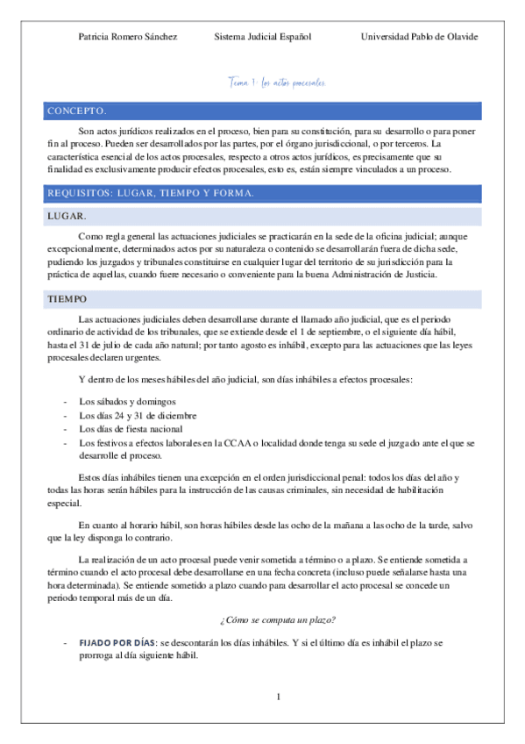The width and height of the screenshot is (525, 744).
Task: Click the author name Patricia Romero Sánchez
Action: (x=128, y=37)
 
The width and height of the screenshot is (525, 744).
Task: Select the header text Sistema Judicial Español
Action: (x=262, y=37)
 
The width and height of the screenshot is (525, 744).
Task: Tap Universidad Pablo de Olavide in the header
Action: (x=419, y=37)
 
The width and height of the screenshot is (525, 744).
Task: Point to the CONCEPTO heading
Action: (x=76, y=111)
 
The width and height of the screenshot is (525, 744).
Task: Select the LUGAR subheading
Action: (x=67, y=215)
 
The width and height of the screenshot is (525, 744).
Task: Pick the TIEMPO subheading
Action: (x=68, y=299)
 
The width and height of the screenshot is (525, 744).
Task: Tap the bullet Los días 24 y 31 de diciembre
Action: (x=137, y=415)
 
